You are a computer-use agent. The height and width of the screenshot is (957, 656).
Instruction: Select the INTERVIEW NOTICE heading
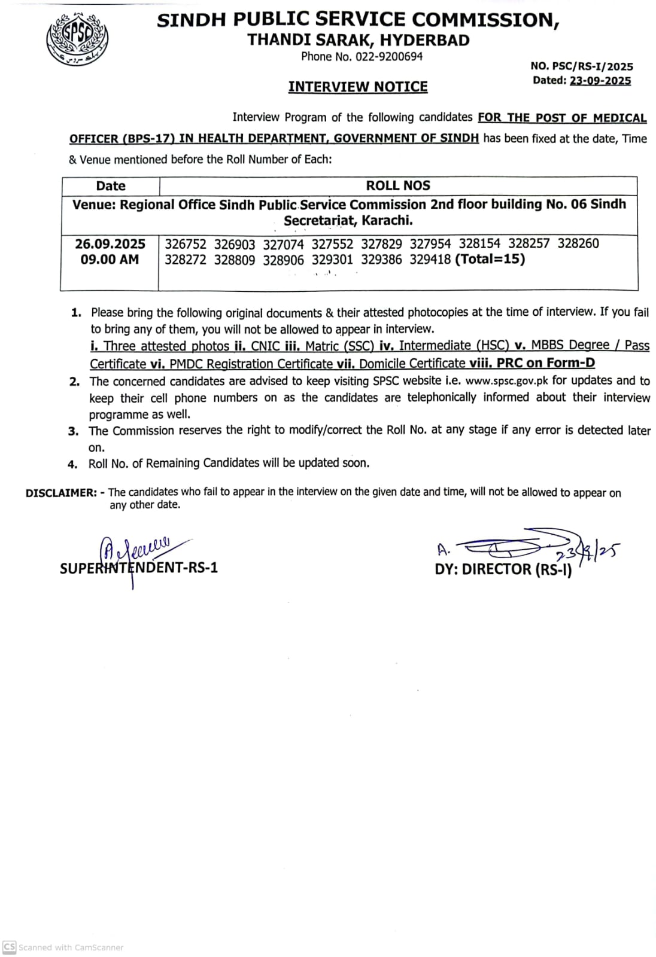(358, 87)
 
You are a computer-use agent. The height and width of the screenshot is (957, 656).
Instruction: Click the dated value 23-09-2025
(600, 81)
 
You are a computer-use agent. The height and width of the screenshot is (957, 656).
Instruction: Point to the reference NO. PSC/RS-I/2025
(582, 66)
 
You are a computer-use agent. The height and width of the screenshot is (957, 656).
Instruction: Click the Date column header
(111, 186)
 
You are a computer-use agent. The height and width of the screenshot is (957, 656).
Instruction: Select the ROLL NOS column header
(398, 186)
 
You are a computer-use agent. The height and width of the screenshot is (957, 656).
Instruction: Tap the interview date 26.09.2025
(110, 244)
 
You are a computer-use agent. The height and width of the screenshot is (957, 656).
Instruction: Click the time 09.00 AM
(110, 260)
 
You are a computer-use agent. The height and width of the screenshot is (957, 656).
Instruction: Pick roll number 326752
(186, 244)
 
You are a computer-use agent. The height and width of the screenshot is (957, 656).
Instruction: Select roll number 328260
(578, 243)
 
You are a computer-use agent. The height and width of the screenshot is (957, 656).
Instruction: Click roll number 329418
(430, 260)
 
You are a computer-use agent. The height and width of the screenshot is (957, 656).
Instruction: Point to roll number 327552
(332, 244)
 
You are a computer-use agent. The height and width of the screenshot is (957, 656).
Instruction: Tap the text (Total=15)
(490, 259)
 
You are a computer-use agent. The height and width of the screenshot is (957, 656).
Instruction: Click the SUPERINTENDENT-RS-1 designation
(139, 568)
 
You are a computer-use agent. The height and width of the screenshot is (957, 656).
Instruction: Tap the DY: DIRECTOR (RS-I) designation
(503, 569)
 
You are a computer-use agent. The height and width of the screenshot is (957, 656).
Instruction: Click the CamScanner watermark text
(71, 947)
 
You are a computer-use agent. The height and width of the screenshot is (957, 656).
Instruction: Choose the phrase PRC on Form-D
(546, 363)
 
